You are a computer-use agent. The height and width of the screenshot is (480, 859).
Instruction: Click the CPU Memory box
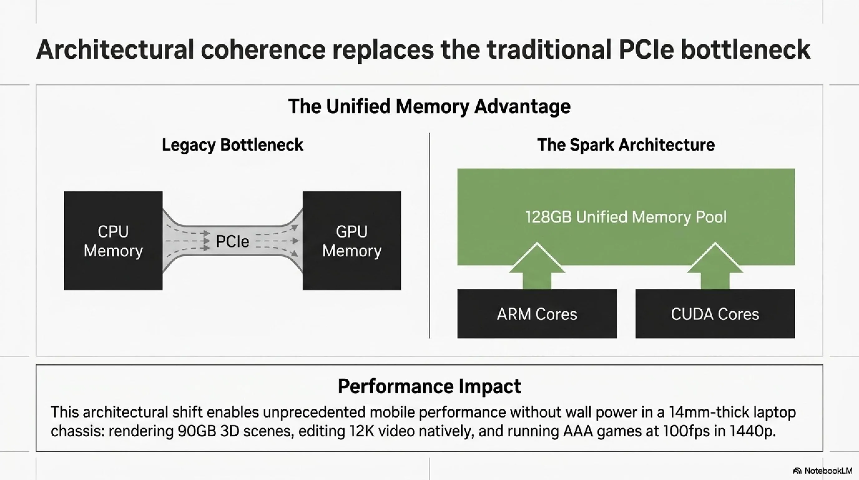(113, 241)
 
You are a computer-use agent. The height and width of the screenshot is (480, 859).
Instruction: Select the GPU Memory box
(352, 241)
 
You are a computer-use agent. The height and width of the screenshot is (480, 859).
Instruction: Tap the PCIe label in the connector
(233, 241)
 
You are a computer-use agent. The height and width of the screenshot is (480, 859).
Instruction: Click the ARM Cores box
(537, 314)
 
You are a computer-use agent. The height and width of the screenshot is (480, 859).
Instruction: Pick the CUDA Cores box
(715, 314)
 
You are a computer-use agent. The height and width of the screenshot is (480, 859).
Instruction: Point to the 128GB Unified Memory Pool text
(626, 217)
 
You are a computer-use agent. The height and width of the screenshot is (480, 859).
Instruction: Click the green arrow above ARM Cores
(537, 266)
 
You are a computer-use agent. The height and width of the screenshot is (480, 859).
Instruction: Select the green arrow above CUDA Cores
(715, 266)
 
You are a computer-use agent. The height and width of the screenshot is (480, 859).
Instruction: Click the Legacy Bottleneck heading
(233, 145)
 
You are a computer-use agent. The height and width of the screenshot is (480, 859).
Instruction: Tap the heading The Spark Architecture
(626, 145)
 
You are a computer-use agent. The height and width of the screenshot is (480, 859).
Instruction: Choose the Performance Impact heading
(430, 387)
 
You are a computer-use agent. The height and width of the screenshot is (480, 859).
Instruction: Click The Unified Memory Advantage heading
(430, 107)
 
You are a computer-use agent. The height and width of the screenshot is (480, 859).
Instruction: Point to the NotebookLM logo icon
(797, 471)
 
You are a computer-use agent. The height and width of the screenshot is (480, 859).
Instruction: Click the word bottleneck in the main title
(746, 50)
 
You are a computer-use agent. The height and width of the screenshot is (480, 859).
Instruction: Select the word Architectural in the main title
(115, 50)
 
